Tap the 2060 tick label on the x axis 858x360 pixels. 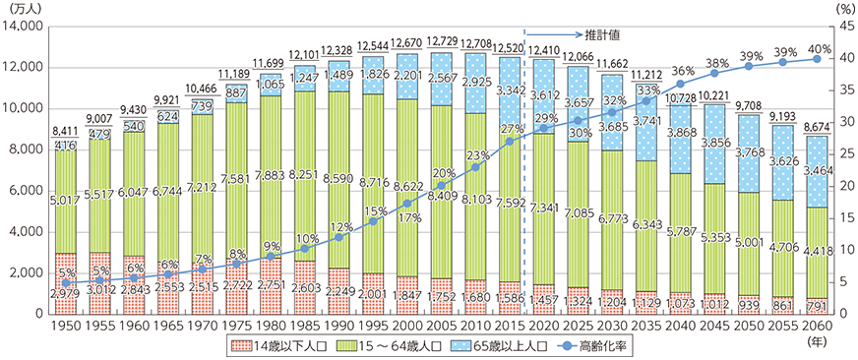click(817, 326)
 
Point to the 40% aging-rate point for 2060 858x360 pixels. click(817, 59)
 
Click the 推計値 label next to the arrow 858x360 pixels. click(606, 33)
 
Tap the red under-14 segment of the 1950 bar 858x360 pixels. click(65, 283)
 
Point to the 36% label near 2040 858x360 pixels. click(682, 71)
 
